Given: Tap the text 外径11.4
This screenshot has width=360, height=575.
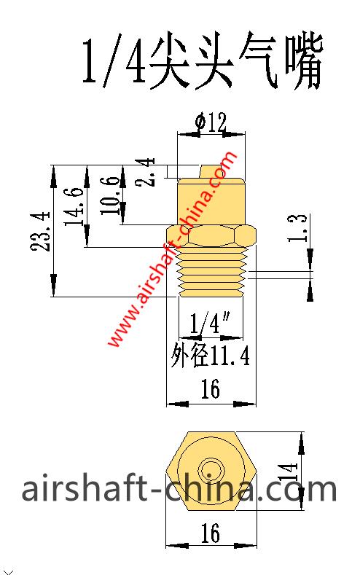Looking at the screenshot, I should tap(211, 356).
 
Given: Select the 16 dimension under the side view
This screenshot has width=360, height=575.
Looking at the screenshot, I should tap(211, 391).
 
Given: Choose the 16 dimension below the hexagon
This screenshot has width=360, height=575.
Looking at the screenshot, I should tap(211, 533).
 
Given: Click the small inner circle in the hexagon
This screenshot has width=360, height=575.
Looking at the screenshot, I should tap(211, 467).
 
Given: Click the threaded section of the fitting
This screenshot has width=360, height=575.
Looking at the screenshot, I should tap(211, 273).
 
